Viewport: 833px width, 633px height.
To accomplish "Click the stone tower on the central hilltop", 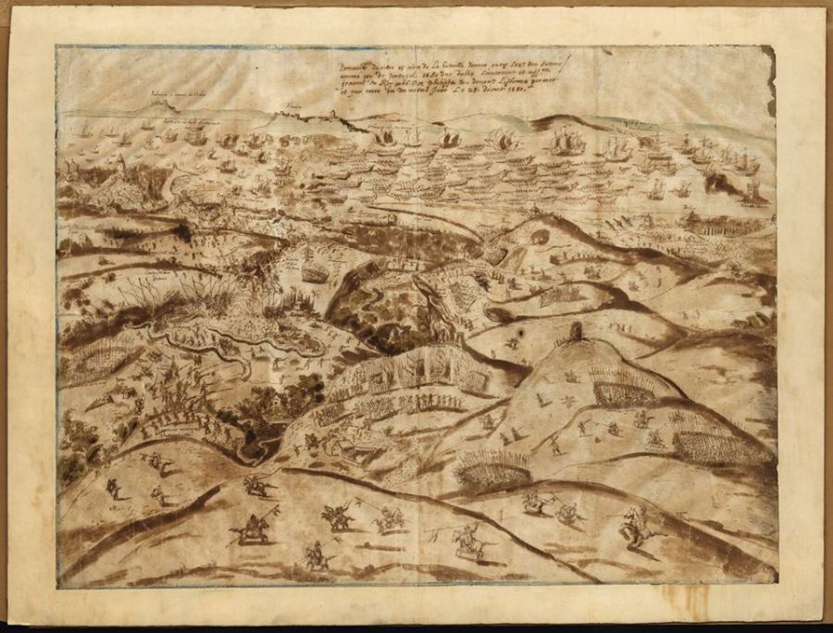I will pyautogui.click(x=577, y=332).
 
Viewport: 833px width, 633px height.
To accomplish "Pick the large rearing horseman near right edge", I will pyautogui.click(x=634, y=525).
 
